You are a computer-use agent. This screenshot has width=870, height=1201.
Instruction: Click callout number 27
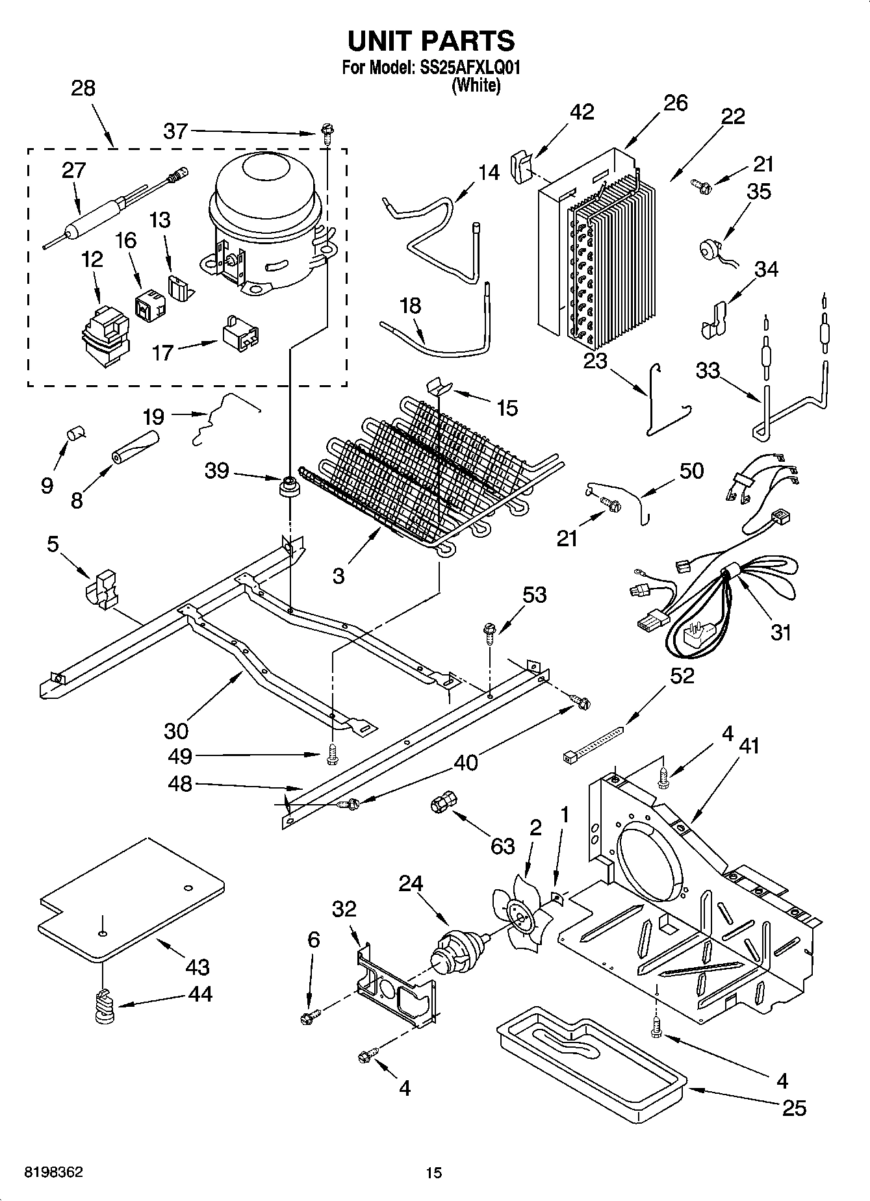coord(73,170)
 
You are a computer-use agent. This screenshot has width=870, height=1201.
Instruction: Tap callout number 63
coord(502,846)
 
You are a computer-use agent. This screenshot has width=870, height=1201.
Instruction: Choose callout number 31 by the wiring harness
coord(781,631)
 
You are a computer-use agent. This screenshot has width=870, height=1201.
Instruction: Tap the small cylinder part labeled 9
coord(76,432)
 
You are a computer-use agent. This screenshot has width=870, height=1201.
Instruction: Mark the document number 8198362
coord(53,1172)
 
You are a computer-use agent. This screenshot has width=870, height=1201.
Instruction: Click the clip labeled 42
coord(521,166)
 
